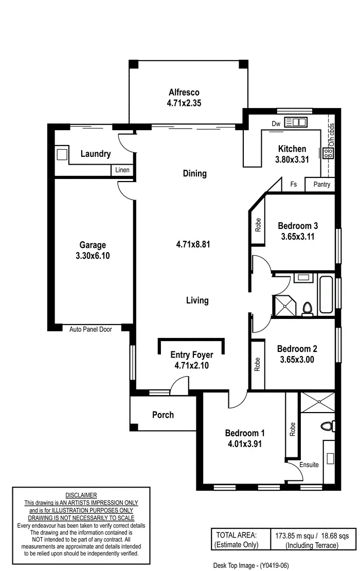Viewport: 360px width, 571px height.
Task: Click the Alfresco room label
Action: point(184,93)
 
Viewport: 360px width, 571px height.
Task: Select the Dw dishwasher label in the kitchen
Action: point(276,123)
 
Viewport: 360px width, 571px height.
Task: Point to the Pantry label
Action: point(321,185)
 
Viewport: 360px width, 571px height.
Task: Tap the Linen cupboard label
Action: point(122,170)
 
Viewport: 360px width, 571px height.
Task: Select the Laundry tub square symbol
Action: point(62,154)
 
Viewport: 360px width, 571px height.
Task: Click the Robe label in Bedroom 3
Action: point(258,224)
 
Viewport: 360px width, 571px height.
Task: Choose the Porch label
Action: point(163,415)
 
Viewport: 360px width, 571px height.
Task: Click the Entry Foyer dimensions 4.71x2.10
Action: point(191,366)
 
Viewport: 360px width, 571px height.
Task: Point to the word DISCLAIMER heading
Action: point(81,495)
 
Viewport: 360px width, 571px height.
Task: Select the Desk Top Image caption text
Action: point(251,565)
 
